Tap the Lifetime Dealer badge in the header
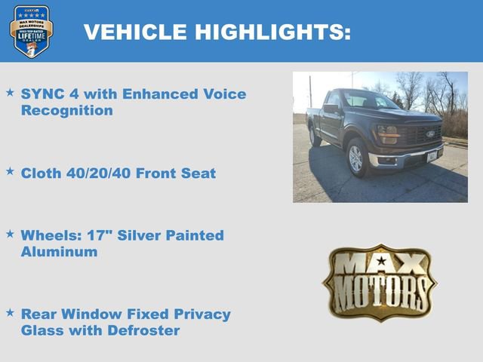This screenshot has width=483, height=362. pos(31,31)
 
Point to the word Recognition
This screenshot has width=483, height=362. pos(67,110)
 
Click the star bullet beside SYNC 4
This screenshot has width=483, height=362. pos(10,93)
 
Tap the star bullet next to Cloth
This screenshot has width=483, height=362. pos(10,172)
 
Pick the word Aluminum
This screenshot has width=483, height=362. pos(59,252)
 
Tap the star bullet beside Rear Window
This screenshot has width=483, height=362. pos(10,312)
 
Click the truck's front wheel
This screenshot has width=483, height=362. pos(355,158)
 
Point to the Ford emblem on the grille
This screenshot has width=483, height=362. pos(430,134)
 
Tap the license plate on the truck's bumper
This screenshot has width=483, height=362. pos(432,156)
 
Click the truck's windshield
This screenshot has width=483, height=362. pos(369,100)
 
